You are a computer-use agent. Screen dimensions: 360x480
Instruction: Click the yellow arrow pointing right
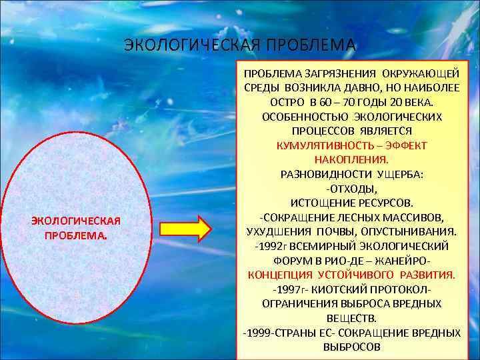pyautogui.click(x=185, y=229)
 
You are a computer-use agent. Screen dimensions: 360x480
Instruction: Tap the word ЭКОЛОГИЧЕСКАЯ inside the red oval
pyautogui.click(x=75, y=221)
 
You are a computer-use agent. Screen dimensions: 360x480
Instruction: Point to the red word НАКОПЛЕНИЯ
pyautogui.click(x=351, y=160)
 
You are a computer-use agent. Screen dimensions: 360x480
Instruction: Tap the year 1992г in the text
pyautogui.click(x=271, y=246)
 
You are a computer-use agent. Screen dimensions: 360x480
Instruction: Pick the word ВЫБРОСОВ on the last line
pyautogui.click(x=351, y=347)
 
